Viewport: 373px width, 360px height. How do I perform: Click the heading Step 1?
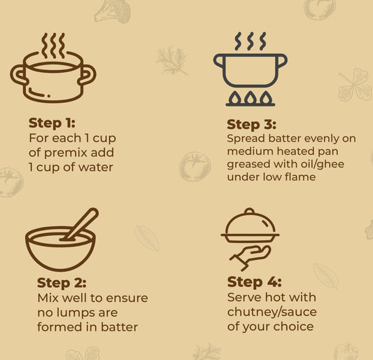tap(52, 123)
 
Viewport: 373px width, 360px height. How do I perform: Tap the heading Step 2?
tap(62, 283)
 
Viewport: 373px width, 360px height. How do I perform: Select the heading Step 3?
tap(251, 125)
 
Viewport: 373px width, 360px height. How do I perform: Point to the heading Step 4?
tap(254, 282)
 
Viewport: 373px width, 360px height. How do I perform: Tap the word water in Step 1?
tap(96, 167)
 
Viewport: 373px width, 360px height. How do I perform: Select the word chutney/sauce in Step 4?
tap(272, 312)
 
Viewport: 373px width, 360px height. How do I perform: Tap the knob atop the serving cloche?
tap(250, 211)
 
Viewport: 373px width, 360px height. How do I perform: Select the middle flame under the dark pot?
tap(251, 97)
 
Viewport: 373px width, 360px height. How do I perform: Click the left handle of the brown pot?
tap(18, 75)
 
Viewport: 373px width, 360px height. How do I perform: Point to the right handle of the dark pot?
tap(282, 61)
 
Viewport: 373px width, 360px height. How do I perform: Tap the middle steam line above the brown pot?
tap(53, 46)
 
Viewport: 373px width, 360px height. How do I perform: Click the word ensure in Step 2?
tap(127, 298)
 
